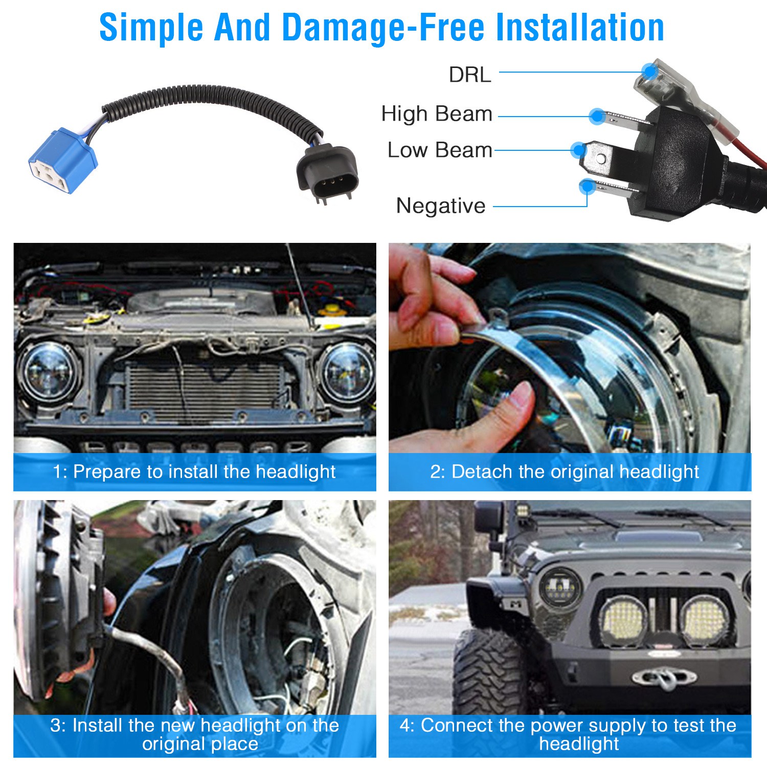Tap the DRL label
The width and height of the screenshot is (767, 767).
470,75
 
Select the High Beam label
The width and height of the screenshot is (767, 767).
437,114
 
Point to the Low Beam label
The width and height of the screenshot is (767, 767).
440,150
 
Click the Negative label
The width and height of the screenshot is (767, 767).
441,206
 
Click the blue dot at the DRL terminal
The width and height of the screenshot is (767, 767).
649,70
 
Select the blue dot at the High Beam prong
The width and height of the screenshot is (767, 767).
597,117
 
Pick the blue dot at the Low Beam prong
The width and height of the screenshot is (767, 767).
578,150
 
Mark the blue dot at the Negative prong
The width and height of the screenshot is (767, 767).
587,187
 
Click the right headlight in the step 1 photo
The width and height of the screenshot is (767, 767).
347,373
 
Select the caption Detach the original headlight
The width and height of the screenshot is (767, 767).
575,471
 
